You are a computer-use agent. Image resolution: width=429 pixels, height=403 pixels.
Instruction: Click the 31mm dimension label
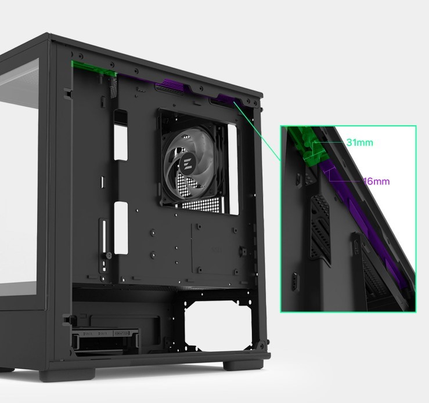(x=359, y=142)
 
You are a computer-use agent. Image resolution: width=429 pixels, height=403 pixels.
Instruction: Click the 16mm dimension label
(x=377, y=181)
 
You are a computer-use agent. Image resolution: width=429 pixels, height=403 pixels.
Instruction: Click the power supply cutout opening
(x=219, y=324)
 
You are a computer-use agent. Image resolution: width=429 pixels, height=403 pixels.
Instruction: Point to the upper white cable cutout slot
(x=121, y=135)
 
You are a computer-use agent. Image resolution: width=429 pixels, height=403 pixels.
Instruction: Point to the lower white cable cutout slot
(x=121, y=228)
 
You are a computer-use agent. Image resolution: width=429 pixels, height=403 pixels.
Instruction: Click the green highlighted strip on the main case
(x=93, y=68)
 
